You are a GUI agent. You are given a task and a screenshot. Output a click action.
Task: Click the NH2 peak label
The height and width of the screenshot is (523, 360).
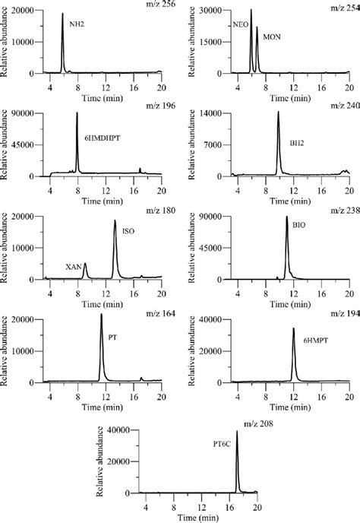pos(77,24)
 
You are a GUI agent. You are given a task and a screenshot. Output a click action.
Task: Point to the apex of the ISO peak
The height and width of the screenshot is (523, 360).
pos(115,221)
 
